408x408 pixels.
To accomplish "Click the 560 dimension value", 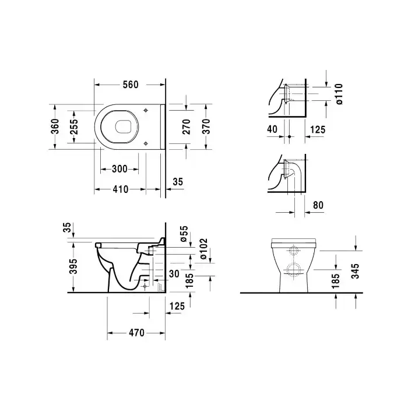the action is point(131,85).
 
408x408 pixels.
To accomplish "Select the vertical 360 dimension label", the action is point(55,126).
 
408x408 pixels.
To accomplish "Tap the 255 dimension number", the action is point(74,126).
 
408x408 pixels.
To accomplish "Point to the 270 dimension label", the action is point(187,126).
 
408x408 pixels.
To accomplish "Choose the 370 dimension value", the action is point(206,126).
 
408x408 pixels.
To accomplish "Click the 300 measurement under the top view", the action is point(119,169).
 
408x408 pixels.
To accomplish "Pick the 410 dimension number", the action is point(121,189).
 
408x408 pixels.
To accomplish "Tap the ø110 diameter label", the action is point(339,94).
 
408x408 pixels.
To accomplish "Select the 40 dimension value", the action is point(272,129).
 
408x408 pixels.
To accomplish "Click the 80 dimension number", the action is point(318,205).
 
